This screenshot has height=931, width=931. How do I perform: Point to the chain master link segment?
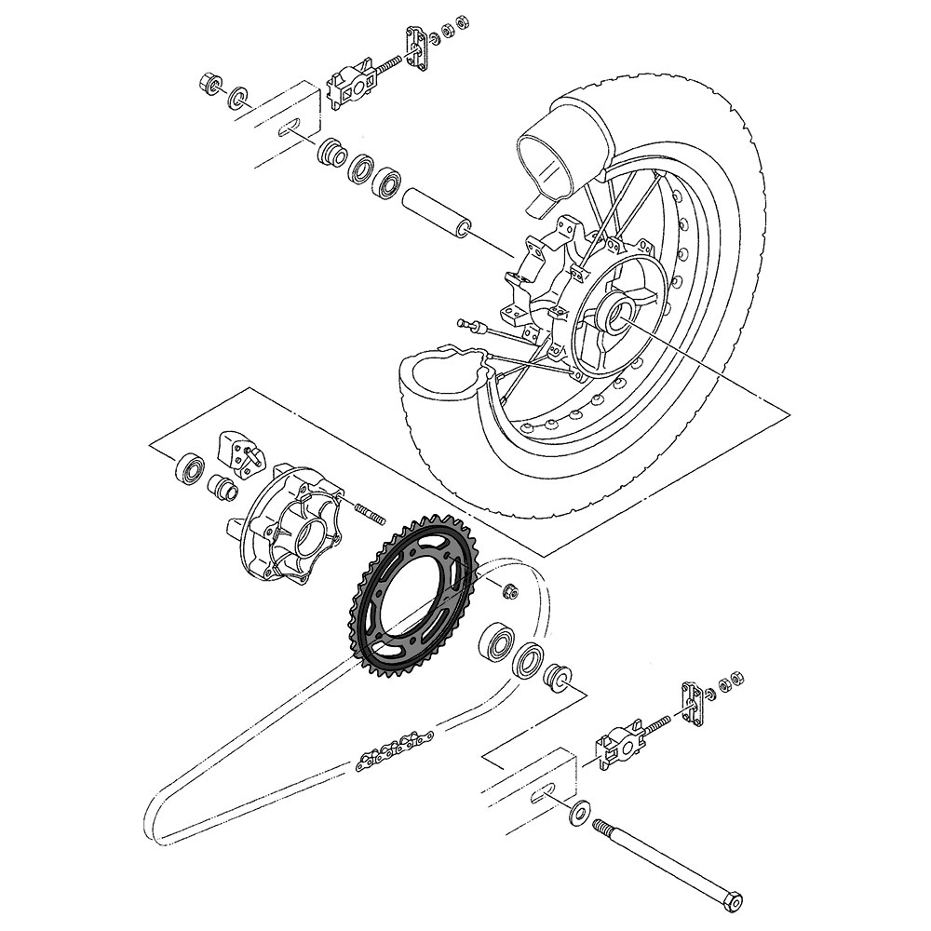click(x=392, y=750)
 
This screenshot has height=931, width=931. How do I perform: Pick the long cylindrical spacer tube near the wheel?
click(x=437, y=212)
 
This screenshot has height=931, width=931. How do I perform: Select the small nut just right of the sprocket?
click(x=508, y=590)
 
